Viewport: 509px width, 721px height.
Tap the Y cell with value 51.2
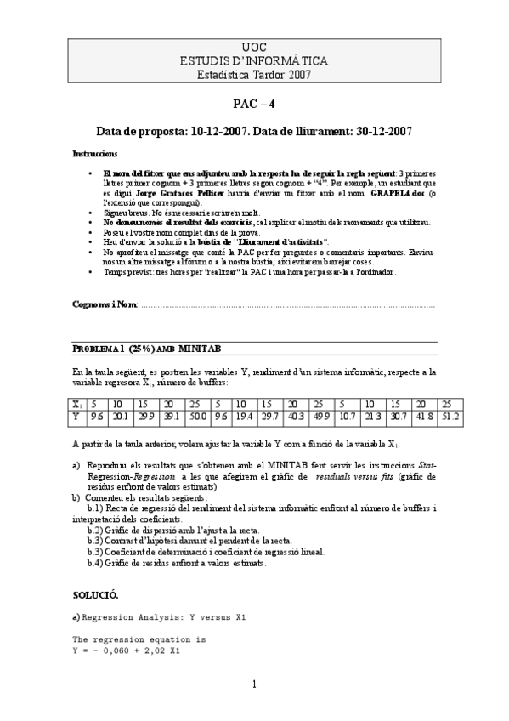coord(450,417)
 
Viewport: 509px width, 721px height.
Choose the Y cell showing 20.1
coord(120,417)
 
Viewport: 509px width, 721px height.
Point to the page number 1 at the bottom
coord(253,684)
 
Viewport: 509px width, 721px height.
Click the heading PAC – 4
coord(254,105)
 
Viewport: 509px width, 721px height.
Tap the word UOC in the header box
coord(254,48)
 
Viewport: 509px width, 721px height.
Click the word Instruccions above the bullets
coord(95,153)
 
